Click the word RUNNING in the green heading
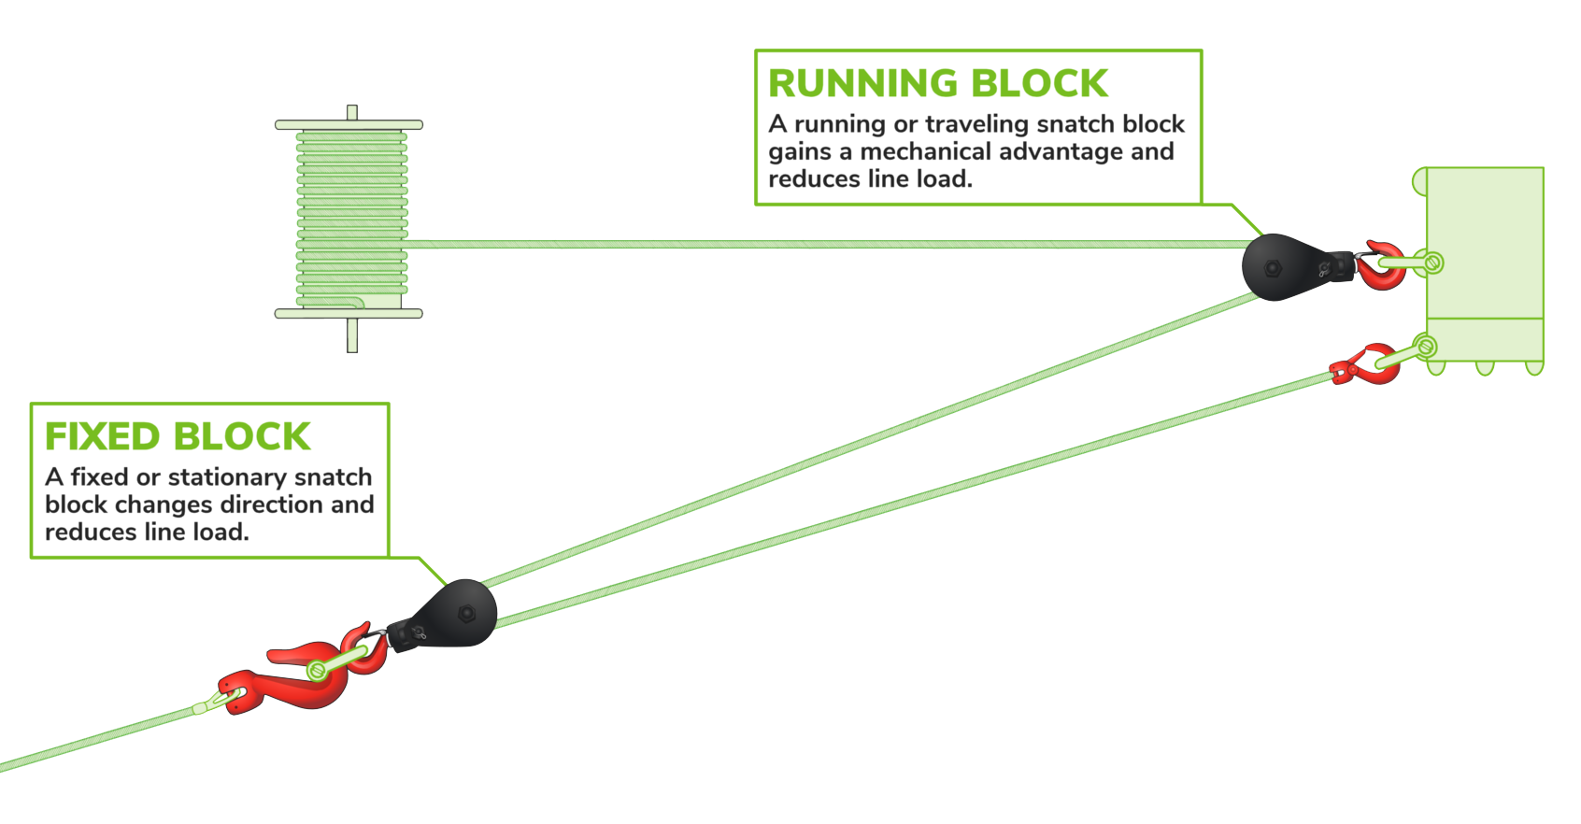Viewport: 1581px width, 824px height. click(x=863, y=84)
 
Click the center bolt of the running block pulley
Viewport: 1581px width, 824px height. click(x=1273, y=268)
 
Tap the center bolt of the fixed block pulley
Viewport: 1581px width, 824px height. click(x=466, y=614)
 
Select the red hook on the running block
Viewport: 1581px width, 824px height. click(x=1381, y=267)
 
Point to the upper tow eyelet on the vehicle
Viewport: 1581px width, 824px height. click(x=1432, y=263)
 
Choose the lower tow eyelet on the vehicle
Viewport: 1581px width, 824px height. click(x=1425, y=348)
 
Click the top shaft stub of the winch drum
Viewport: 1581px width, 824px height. click(x=352, y=112)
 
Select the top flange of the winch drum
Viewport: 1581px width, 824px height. click(x=349, y=124)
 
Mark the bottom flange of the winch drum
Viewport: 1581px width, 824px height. click(x=349, y=314)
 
